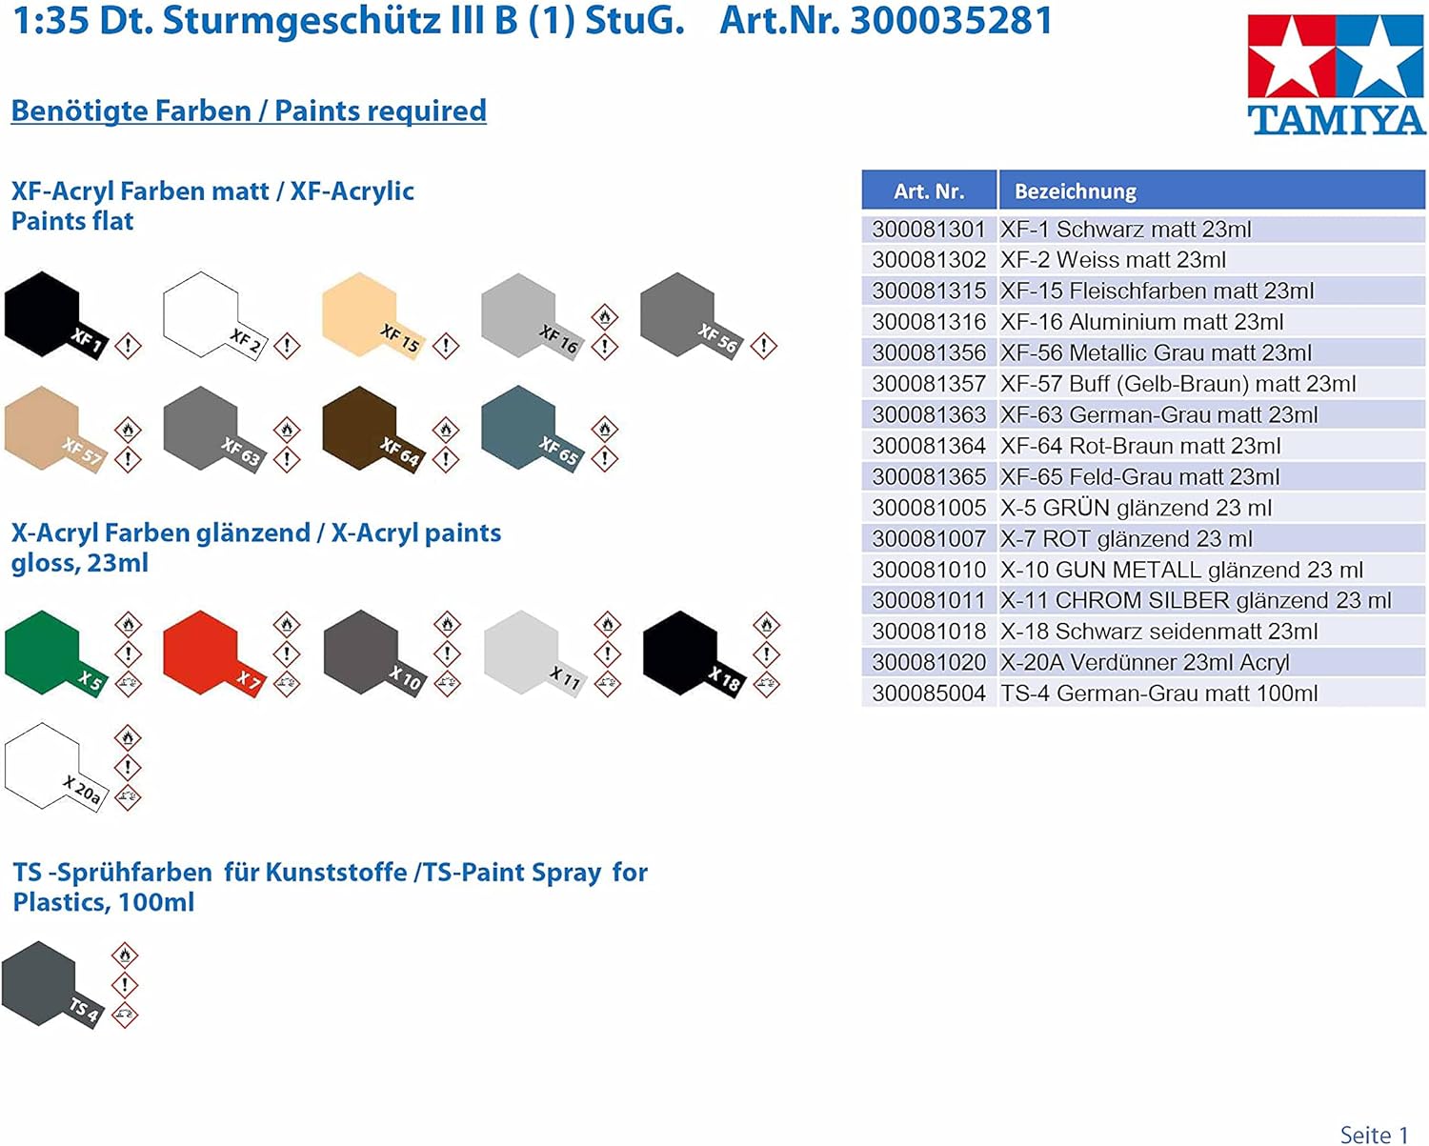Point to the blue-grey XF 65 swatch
[x=519, y=429]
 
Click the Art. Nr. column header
[x=929, y=191]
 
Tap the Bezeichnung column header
[x=1076, y=191]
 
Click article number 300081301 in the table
[x=929, y=230]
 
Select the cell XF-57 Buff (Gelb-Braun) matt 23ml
[x=1177, y=384]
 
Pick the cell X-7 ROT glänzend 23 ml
[x=1126, y=539]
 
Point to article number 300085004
[x=929, y=694]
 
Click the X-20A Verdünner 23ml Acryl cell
[x=1144, y=662]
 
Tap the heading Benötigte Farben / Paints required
[x=249, y=111]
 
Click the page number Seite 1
[x=1373, y=1134]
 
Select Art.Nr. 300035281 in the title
[x=886, y=21]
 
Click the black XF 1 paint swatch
[x=42, y=314]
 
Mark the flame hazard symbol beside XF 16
[x=605, y=316]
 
